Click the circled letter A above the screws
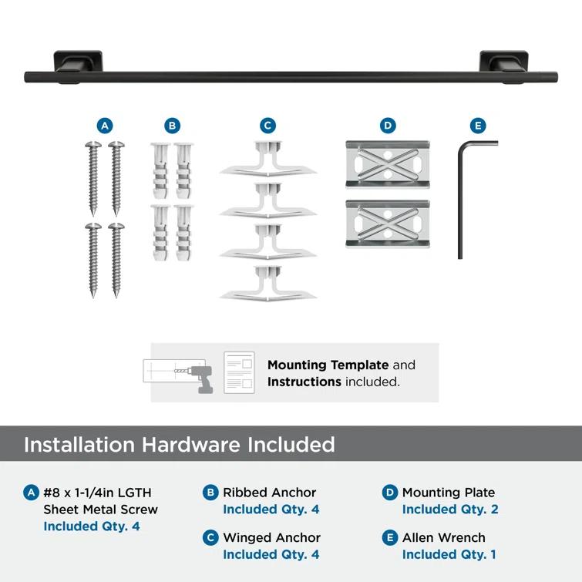(x=105, y=126)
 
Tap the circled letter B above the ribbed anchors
(x=172, y=126)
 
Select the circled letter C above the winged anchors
(x=267, y=126)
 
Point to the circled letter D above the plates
(x=388, y=126)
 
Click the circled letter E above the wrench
(x=478, y=126)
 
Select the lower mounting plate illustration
(x=388, y=224)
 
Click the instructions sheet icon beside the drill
(x=239, y=372)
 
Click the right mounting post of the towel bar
(x=503, y=63)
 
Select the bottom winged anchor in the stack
(x=267, y=284)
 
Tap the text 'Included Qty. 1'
(x=449, y=554)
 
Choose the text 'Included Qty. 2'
(x=450, y=510)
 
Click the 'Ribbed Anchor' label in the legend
(x=269, y=492)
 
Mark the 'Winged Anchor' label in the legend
(x=271, y=537)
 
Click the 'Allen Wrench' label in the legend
(x=444, y=537)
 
